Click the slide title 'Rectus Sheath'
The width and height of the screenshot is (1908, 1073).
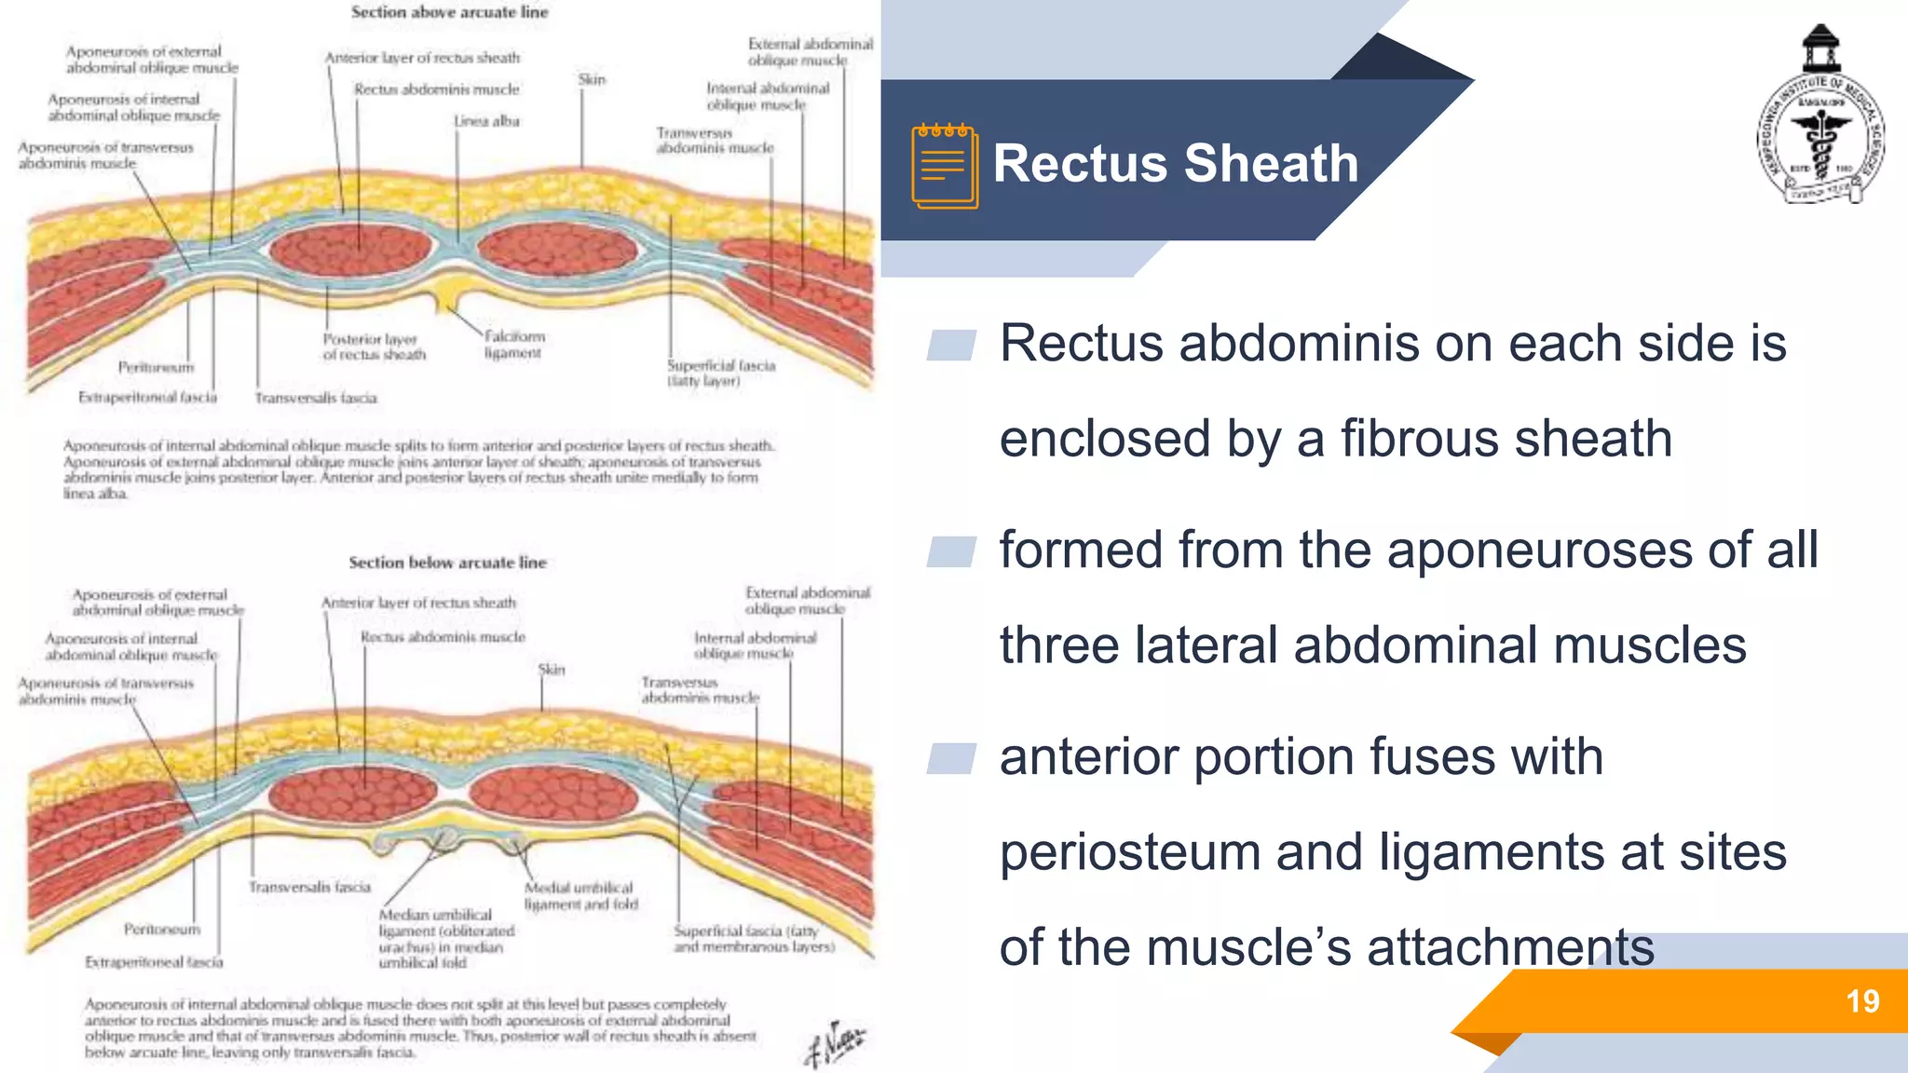[1176, 164]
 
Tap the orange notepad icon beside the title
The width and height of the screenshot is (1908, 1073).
[945, 166]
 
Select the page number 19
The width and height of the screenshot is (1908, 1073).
[1862, 1001]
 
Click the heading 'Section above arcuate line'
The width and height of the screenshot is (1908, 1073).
[449, 12]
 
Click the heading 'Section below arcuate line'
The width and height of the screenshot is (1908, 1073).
[447, 563]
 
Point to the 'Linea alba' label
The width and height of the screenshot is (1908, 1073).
[486, 121]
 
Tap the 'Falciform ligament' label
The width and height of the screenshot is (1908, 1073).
[514, 344]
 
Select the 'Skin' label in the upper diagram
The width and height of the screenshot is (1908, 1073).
[592, 79]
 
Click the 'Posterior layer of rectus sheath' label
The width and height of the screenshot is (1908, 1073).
[374, 346]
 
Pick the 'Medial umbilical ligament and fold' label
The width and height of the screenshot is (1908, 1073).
[580, 895]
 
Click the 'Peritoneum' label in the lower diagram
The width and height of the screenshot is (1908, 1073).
[162, 929]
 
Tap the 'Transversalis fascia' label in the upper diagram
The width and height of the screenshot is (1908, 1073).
[316, 398]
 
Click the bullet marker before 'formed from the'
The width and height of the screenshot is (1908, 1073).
[951, 551]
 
